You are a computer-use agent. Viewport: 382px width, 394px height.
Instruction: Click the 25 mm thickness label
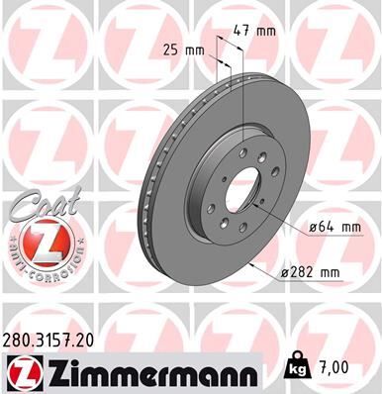point(181,47)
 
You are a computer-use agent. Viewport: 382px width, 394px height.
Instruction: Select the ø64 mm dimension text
point(328,227)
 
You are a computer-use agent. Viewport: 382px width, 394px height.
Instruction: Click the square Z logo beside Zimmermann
point(20,372)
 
